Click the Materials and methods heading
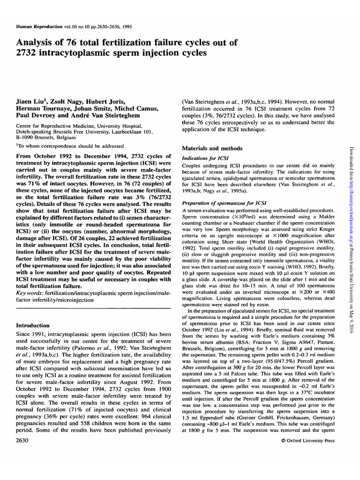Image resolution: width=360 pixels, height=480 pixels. pyautogui.click(x=212, y=148)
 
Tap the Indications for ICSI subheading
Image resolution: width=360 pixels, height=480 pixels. pyautogui.click(x=204, y=159)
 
